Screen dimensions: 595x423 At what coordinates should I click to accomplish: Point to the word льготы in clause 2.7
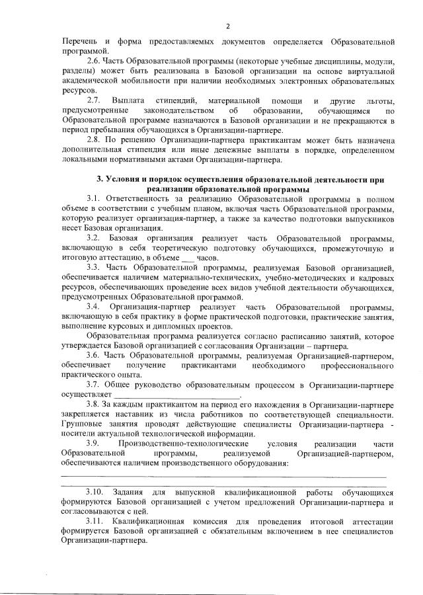pyautogui.click(x=378, y=100)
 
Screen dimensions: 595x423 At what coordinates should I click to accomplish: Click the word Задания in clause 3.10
pyautogui.click(x=129, y=493)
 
